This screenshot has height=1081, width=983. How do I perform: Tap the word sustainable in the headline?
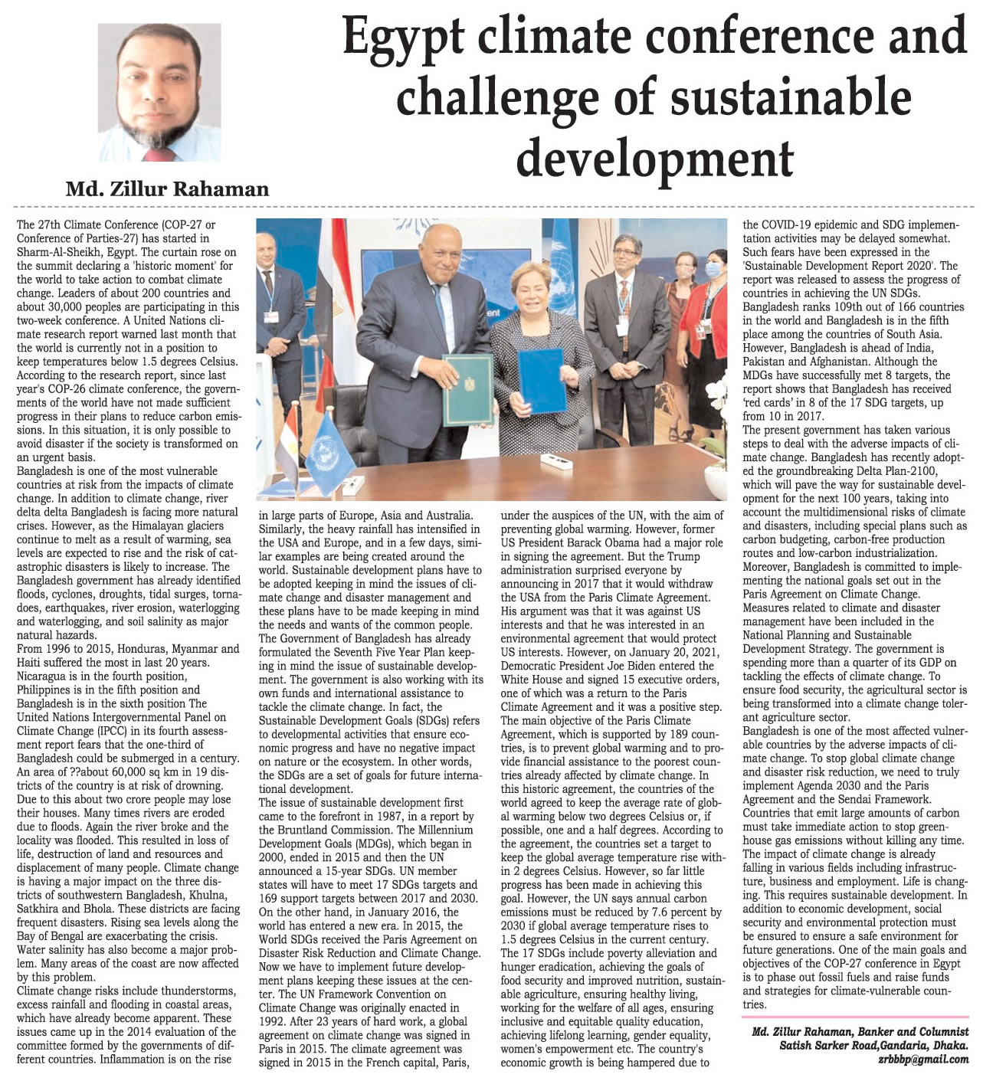point(790,99)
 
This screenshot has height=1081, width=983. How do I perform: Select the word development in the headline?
point(654,158)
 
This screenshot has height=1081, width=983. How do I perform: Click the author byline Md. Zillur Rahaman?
point(167,188)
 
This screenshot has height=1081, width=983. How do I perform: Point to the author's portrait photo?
point(159,92)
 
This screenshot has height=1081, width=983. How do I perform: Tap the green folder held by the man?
point(467,388)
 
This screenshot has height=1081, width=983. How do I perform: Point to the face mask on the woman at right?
point(713,270)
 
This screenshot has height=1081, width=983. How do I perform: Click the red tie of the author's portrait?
point(160,155)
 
